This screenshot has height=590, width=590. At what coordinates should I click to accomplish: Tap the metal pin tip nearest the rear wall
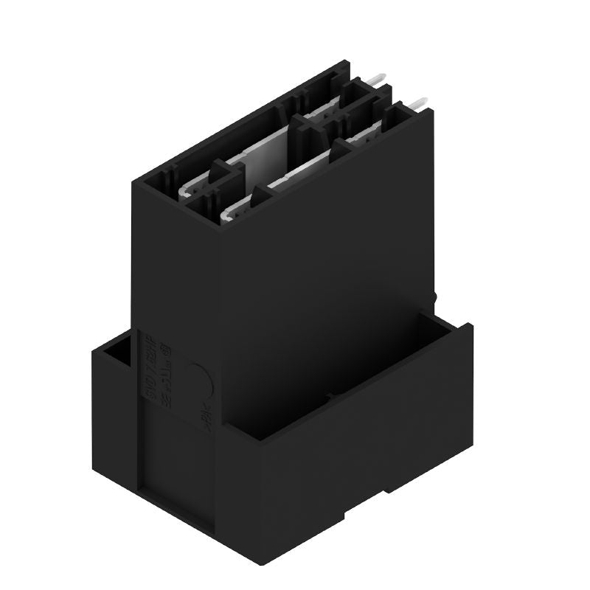(x=378, y=77)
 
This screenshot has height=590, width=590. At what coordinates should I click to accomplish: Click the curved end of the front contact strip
(x=227, y=213)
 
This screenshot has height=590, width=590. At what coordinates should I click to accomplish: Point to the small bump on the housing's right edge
(x=435, y=299)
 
